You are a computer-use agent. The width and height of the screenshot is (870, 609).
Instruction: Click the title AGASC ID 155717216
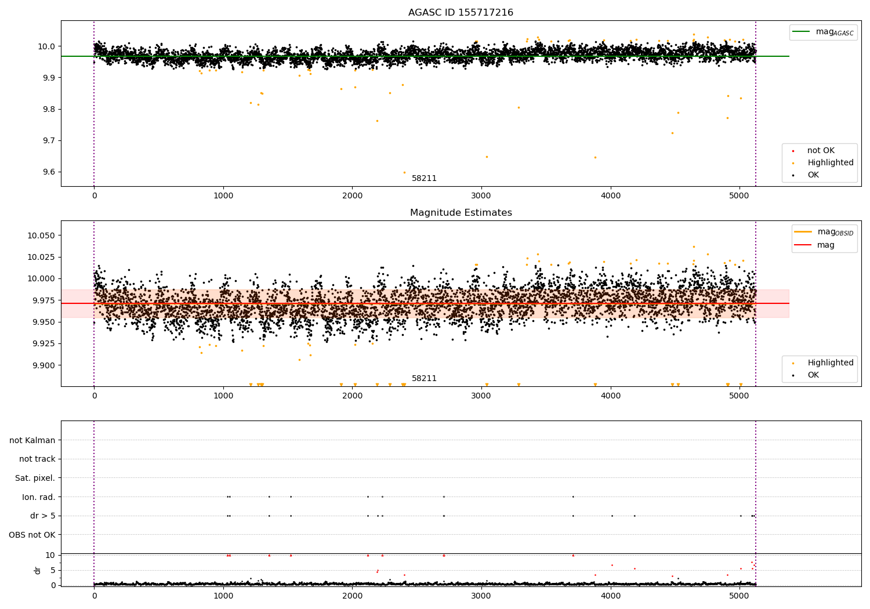(x=461, y=13)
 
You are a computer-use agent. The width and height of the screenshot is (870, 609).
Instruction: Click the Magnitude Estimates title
(x=461, y=213)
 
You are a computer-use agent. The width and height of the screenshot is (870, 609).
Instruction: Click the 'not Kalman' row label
(x=32, y=441)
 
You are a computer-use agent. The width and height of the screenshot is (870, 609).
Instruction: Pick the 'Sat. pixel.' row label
(x=35, y=478)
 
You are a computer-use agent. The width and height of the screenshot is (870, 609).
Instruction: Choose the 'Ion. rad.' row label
(x=38, y=497)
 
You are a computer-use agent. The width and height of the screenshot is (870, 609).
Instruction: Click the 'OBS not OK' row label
(x=32, y=535)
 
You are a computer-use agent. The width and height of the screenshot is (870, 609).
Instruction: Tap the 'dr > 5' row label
(x=42, y=516)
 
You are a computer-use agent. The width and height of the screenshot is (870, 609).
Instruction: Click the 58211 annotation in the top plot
(x=424, y=179)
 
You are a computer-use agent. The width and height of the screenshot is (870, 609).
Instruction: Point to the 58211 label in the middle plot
(x=424, y=379)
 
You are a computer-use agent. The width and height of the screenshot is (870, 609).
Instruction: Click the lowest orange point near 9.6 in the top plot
(x=404, y=172)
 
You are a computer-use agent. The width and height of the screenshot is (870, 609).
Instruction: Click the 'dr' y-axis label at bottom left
(x=38, y=570)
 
